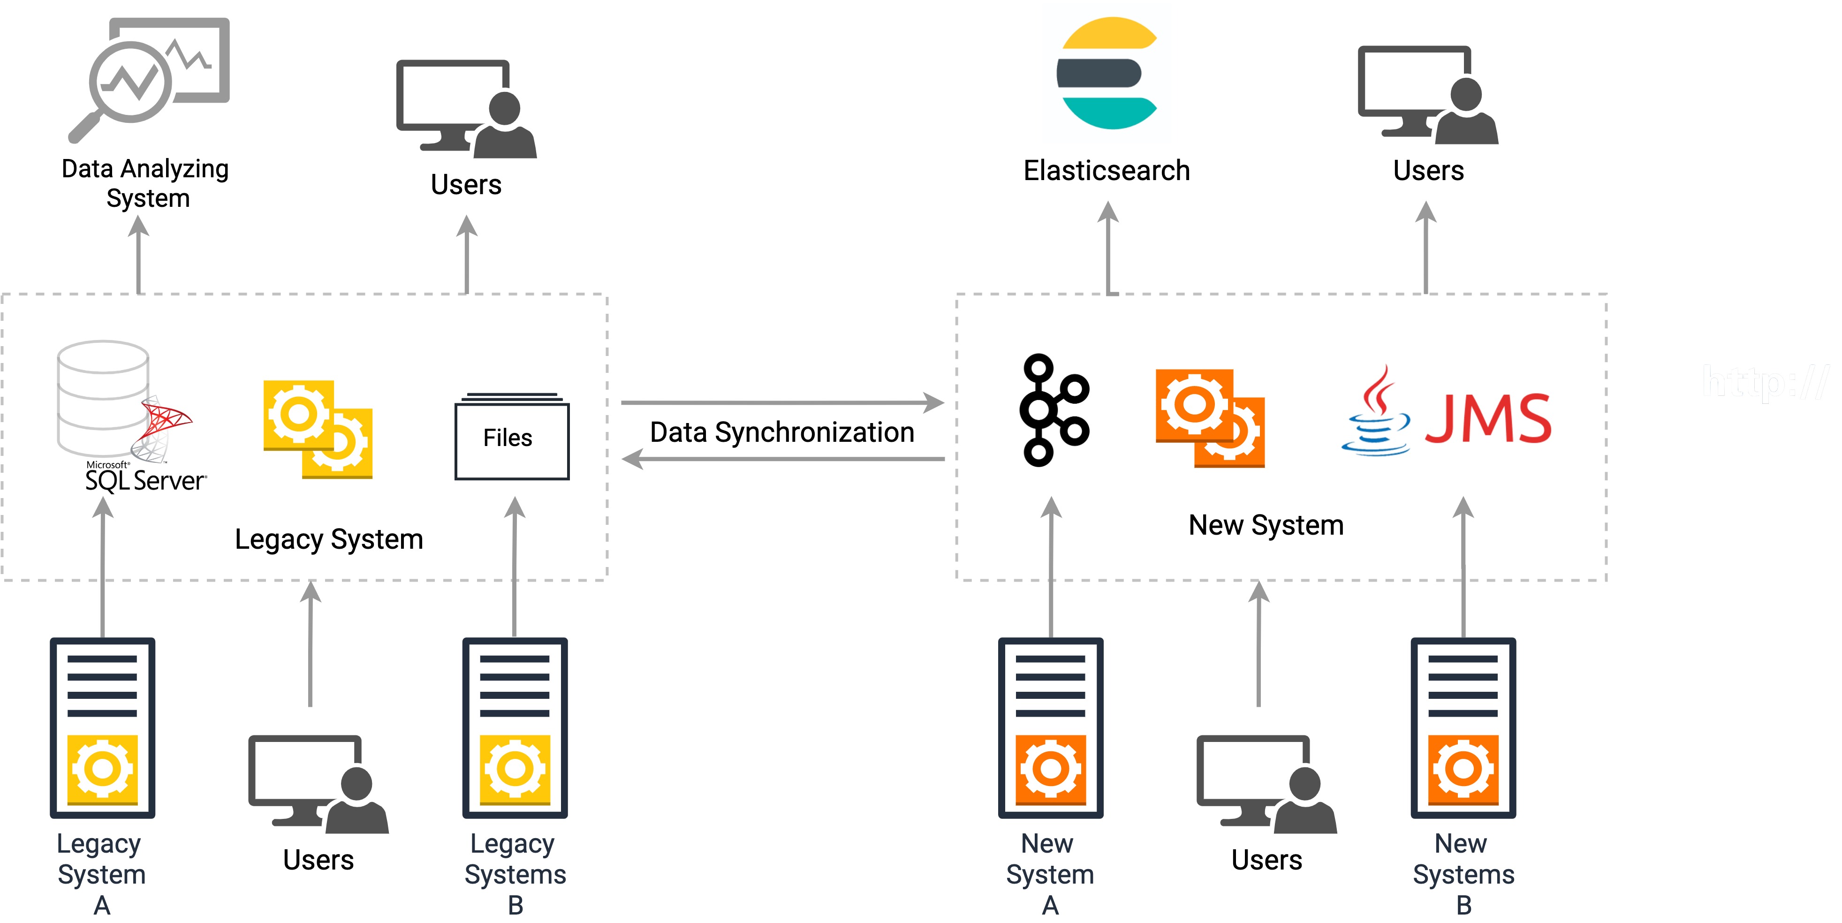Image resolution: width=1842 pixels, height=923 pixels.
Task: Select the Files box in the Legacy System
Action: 511,438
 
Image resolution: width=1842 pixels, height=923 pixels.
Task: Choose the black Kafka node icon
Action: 1054,410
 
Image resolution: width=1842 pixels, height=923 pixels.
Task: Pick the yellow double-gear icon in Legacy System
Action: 318,429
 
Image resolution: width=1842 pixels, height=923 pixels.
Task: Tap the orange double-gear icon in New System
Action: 1210,418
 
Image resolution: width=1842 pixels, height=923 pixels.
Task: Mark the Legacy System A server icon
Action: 102,728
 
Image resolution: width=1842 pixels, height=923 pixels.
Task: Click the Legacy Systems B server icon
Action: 515,728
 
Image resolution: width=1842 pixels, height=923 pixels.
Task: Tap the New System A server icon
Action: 1050,728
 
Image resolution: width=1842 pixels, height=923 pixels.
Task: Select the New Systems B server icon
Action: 1463,728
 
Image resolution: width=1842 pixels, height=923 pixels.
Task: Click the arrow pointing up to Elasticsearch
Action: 1108,247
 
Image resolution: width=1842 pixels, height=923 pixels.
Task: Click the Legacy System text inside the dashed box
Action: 329,539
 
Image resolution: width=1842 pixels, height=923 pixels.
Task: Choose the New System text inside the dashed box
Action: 1266,525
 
